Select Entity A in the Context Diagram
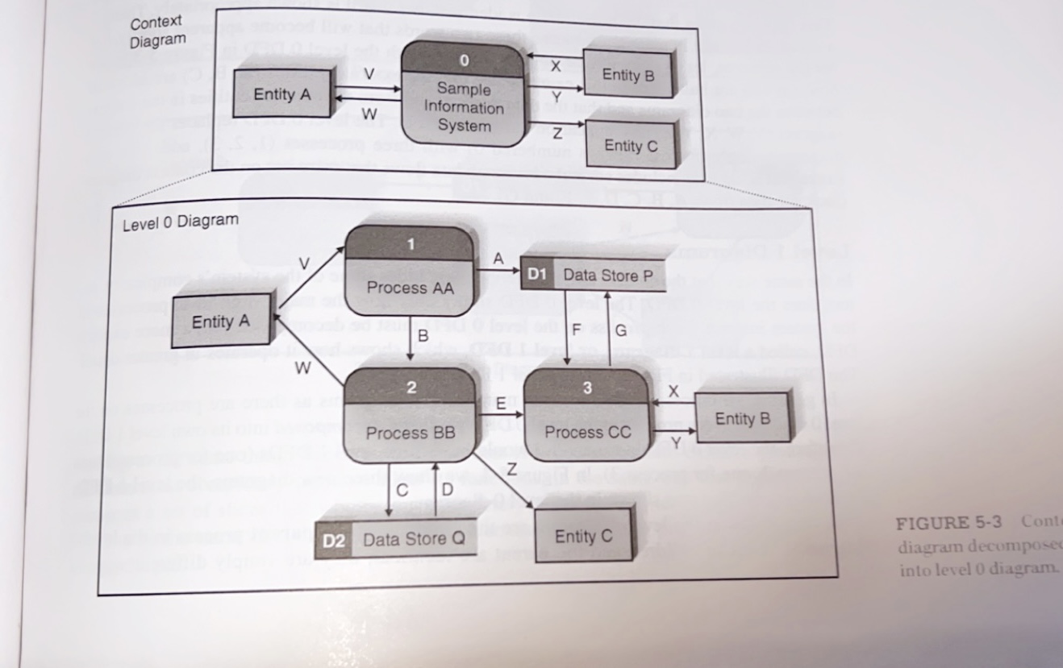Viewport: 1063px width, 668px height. [x=281, y=93]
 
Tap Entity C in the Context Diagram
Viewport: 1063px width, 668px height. [x=630, y=145]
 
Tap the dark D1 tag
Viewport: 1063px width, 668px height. [x=536, y=275]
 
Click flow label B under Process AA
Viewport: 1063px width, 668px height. [x=423, y=338]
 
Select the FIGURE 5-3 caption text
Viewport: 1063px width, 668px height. [x=948, y=522]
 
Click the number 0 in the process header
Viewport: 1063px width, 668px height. [x=463, y=60]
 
